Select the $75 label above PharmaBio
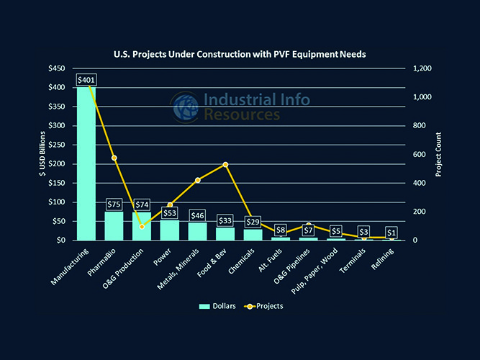click(114, 204)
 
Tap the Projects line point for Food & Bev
click(226, 164)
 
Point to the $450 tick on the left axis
click(57, 68)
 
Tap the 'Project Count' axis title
click(440, 154)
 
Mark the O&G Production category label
click(128, 266)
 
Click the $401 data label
click(86, 80)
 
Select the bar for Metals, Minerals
click(198, 231)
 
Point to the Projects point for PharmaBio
click(114, 158)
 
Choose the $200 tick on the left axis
click(57, 164)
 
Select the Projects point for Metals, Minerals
click(198, 180)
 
